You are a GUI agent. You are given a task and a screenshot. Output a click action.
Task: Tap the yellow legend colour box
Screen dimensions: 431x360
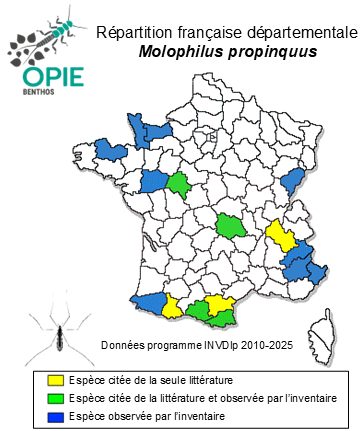point(58,381)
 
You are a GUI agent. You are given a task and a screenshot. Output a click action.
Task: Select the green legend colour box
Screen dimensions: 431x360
point(58,398)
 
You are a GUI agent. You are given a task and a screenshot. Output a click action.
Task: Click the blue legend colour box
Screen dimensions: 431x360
point(58,415)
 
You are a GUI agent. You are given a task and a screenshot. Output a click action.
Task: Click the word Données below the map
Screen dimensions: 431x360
point(124,345)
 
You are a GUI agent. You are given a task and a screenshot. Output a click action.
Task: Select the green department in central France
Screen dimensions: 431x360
point(230,225)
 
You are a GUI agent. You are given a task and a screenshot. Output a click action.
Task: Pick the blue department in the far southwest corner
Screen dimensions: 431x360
point(147,301)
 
